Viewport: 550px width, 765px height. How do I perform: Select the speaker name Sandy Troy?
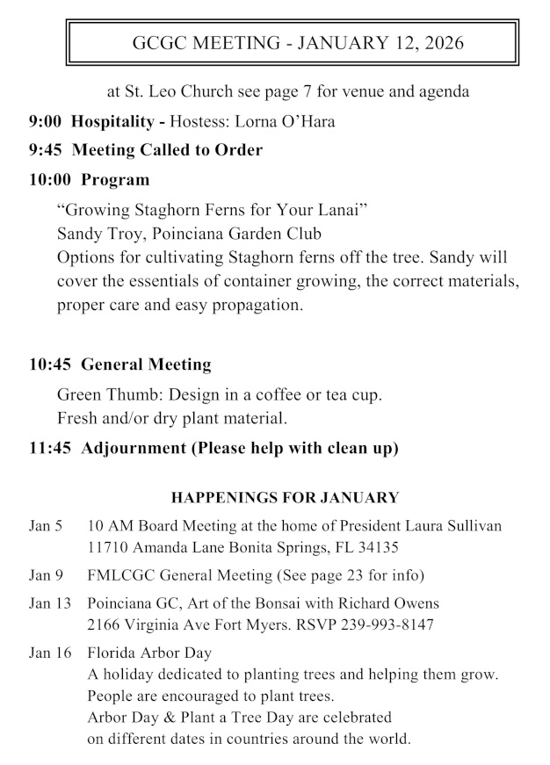pyautogui.click(x=95, y=234)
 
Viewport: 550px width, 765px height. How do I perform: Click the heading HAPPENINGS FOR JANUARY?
pyautogui.click(x=285, y=498)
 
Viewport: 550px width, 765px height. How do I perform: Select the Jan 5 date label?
pyautogui.click(x=46, y=526)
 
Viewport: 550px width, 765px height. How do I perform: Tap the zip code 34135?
pyautogui.click(x=376, y=547)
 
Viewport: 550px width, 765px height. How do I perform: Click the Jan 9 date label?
pyautogui.click(x=46, y=575)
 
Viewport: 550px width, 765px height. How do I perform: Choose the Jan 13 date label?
pyautogui.click(x=49, y=604)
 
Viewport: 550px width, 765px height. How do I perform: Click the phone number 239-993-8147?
pyautogui.click(x=385, y=625)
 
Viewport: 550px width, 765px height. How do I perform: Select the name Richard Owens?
pyautogui.click(x=387, y=604)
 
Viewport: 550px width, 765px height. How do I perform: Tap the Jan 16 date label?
pyautogui.click(x=49, y=653)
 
